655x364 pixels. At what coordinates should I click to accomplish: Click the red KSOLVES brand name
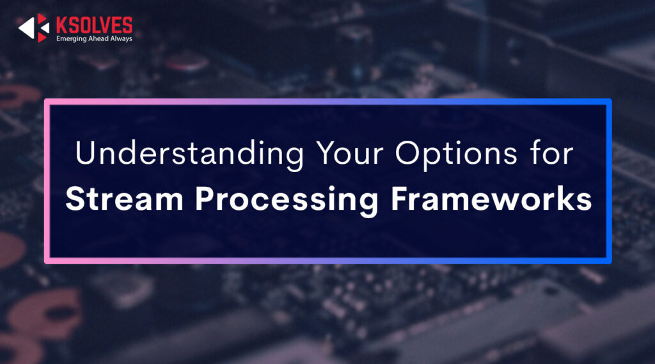[x=94, y=25]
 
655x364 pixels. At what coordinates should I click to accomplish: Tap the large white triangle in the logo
[x=26, y=28]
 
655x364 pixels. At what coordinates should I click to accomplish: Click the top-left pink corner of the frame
[x=47, y=101]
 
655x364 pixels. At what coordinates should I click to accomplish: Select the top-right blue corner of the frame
[x=609, y=101]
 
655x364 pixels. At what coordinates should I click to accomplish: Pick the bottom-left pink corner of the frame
[x=47, y=261]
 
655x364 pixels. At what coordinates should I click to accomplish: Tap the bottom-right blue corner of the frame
[x=609, y=261]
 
